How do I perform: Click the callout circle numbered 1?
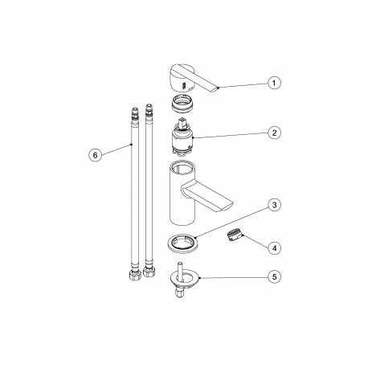coord(274,83)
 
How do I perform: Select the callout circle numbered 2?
coord(274,133)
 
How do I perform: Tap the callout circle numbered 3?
coord(274,206)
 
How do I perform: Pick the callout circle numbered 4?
coord(274,248)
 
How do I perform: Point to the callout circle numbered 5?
coord(274,276)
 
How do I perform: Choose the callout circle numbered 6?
coord(96,155)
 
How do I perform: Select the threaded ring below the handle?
coord(182,104)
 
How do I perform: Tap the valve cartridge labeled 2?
coord(182,137)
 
